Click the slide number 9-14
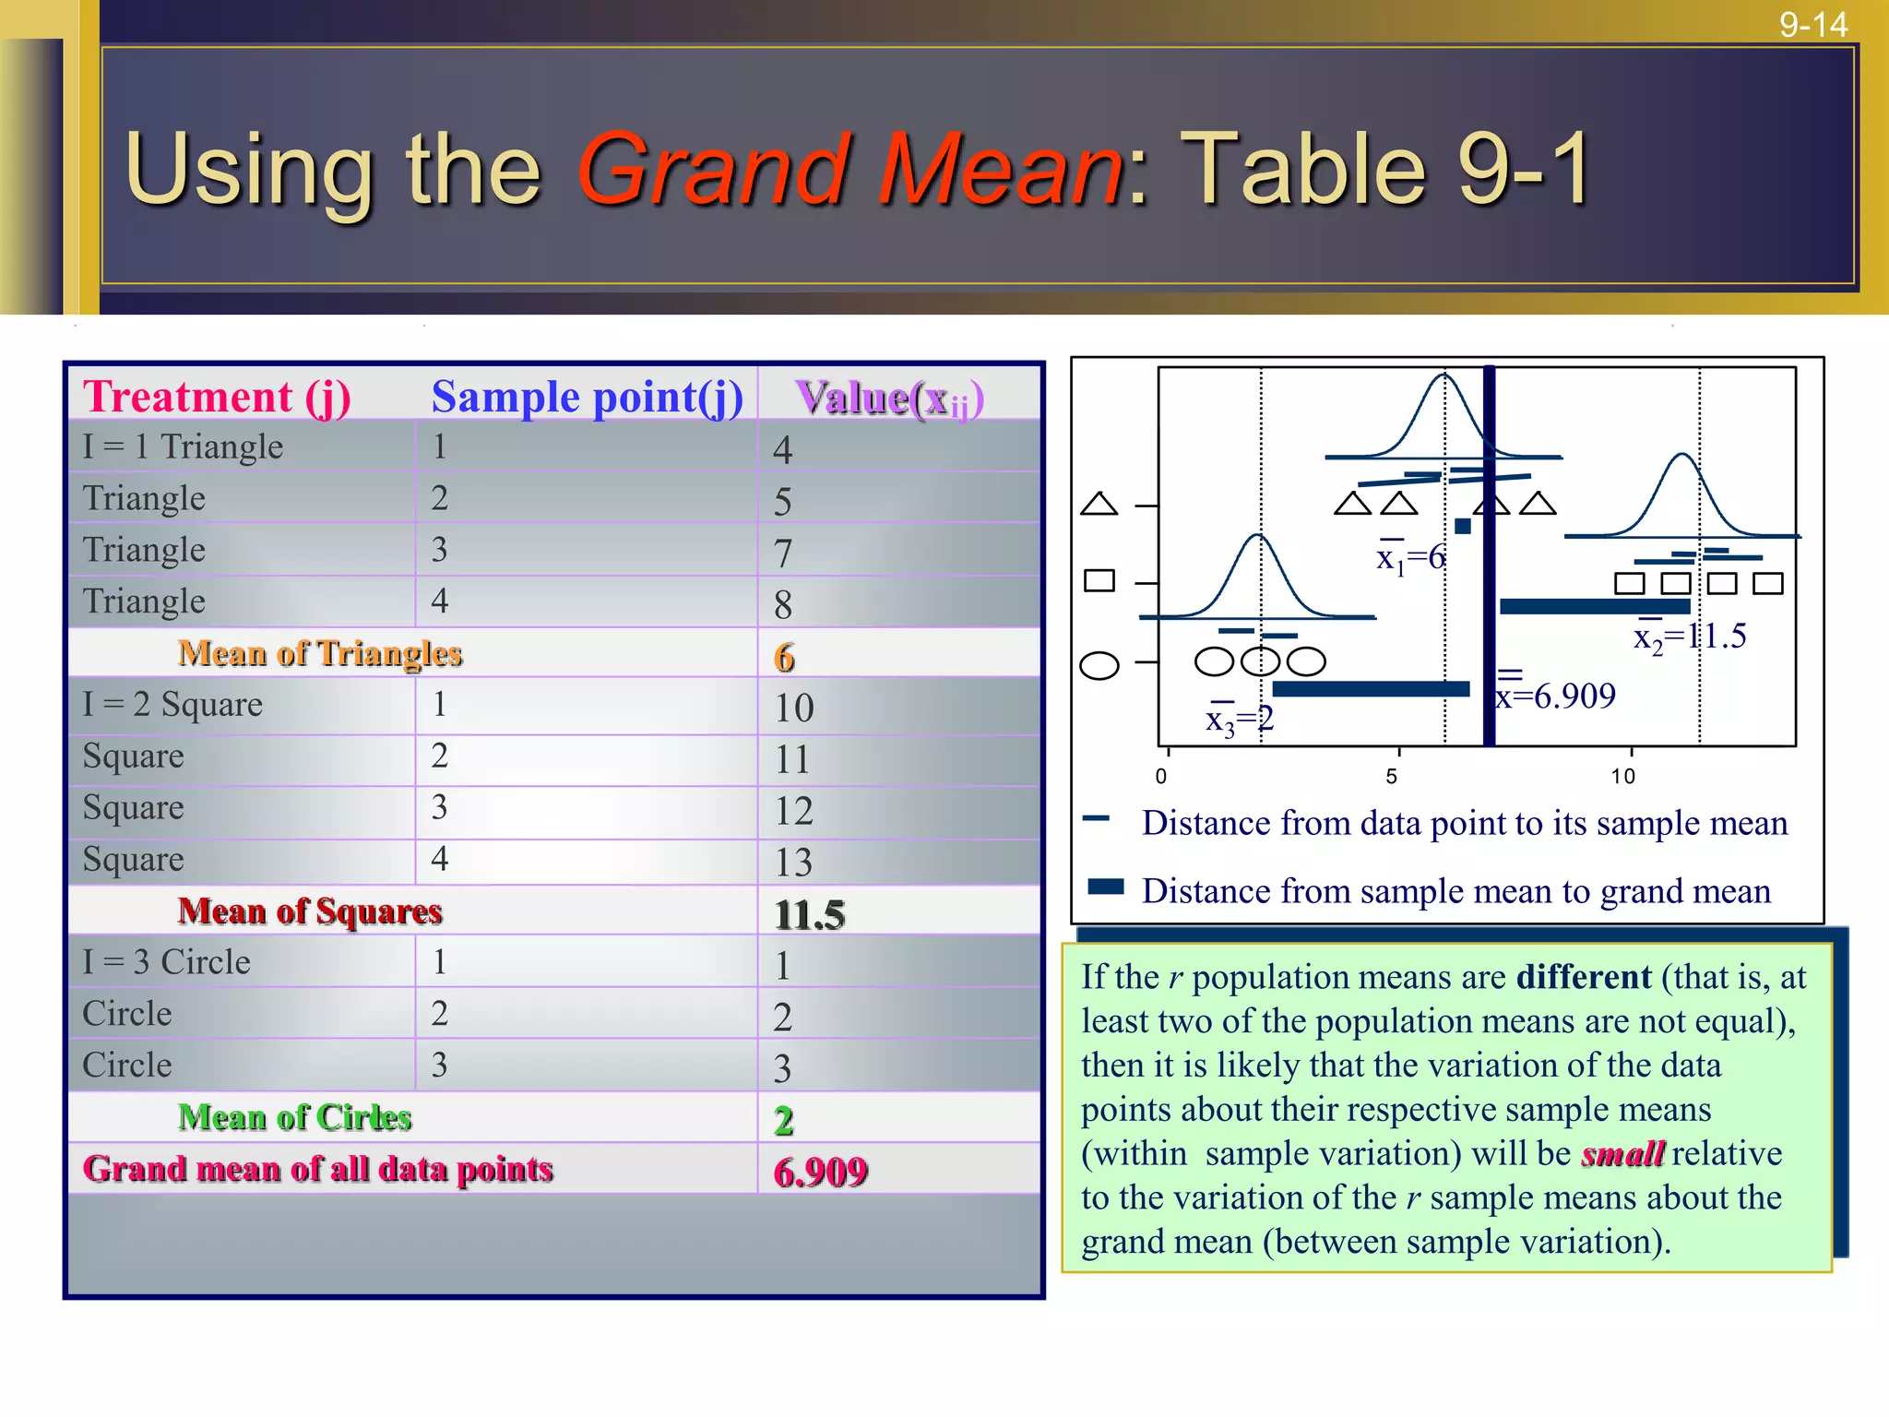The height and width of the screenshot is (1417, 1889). coord(1812,25)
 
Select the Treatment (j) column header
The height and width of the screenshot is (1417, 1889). coord(218,397)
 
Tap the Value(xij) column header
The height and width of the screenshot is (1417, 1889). coord(890,399)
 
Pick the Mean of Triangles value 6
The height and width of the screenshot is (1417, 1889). coord(784,658)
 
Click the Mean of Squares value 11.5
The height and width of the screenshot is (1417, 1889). coord(809,914)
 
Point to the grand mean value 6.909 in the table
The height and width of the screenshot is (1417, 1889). coord(820,1172)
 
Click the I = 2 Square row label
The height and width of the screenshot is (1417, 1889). coord(172,705)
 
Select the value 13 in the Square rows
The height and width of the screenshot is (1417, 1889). coord(793,863)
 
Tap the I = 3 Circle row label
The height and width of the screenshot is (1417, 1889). coord(166,962)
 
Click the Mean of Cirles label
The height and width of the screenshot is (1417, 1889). coord(294,1117)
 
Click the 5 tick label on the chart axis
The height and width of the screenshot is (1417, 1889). coord(1391,777)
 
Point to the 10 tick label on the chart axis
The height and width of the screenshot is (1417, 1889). coord(1622,777)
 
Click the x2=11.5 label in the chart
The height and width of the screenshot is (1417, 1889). coord(1690,636)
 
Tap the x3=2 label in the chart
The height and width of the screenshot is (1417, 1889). coord(1240,718)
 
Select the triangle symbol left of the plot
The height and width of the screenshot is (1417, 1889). coord(1099,504)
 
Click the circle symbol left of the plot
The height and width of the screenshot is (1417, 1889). coord(1099,665)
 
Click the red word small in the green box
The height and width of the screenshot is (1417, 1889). coord(1622,1154)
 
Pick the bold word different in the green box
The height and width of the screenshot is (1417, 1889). coord(1584,977)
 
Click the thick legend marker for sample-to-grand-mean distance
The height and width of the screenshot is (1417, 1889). coord(1106,887)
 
